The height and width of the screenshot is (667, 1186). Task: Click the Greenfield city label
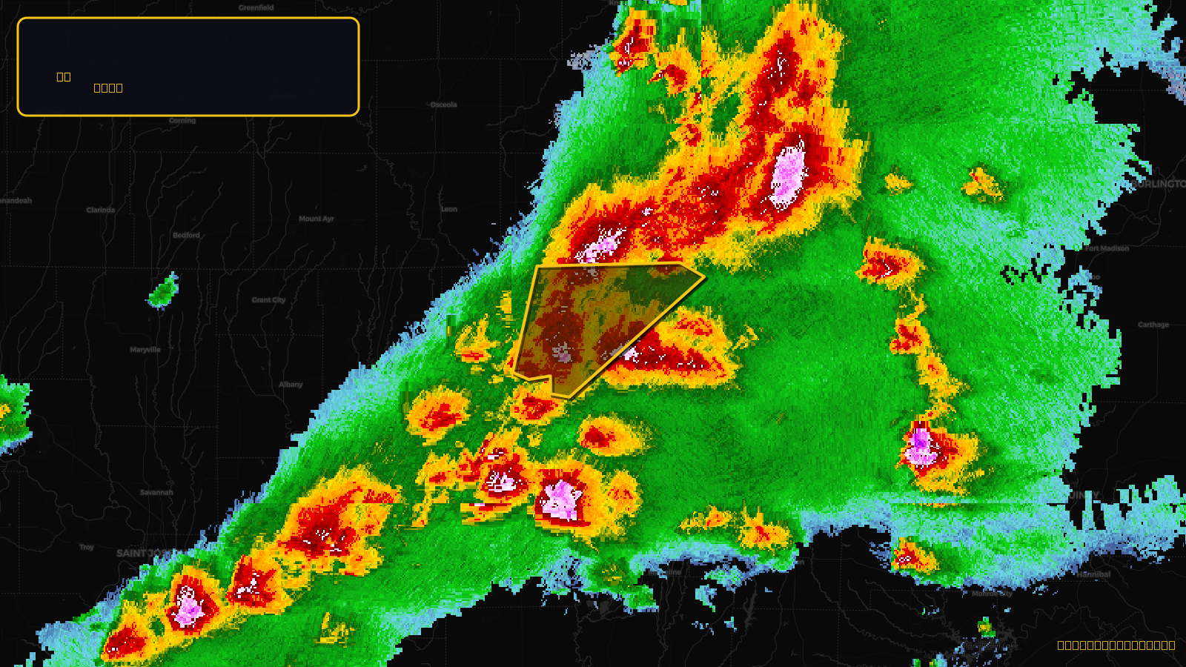(x=256, y=7)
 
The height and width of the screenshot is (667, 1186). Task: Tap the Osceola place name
(x=443, y=104)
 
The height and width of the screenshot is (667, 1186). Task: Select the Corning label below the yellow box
(x=182, y=120)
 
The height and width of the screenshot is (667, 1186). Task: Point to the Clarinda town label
(x=101, y=210)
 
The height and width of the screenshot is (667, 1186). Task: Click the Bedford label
(x=186, y=235)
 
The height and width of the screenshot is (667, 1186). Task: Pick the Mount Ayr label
(x=317, y=219)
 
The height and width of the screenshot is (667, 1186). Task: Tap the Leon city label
(x=449, y=209)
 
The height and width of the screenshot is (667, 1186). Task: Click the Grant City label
(x=268, y=300)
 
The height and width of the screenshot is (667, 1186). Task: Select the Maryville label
(x=145, y=349)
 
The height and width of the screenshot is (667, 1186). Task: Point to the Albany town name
(x=291, y=384)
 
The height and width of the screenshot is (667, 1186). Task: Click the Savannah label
(x=156, y=492)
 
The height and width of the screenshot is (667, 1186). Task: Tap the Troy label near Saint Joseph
(x=87, y=547)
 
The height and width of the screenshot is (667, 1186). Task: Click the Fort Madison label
(x=1107, y=248)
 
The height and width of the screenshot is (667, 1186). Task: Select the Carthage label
(x=1153, y=325)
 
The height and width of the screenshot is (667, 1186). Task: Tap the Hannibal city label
(x=1094, y=574)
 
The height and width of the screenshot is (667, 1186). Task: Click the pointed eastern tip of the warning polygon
(x=704, y=277)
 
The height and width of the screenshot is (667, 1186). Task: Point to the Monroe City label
(x=992, y=594)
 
